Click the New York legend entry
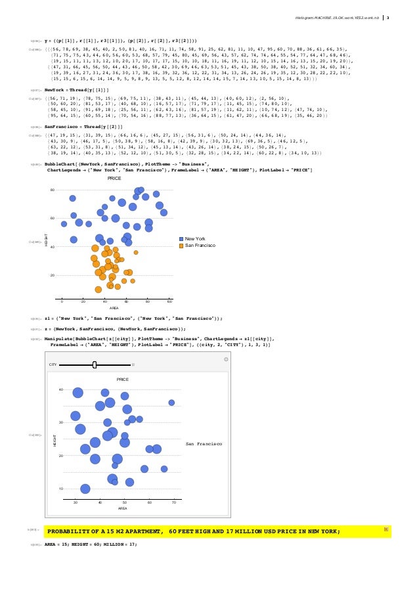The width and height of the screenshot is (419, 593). (x=195, y=239)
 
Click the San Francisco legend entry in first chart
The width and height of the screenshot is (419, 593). (x=198, y=246)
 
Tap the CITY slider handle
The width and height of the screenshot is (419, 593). (x=95, y=364)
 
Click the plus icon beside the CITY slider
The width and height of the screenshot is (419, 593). (x=133, y=364)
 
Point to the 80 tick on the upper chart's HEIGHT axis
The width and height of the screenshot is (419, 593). (x=53, y=190)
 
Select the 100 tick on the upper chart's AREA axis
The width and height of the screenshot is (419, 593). (x=169, y=301)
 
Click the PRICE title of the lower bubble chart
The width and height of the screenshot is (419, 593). (x=122, y=380)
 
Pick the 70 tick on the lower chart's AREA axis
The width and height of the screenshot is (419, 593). (x=174, y=502)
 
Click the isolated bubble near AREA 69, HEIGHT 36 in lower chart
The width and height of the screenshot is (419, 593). (x=171, y=403)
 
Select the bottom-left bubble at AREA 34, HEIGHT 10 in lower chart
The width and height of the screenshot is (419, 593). (x=85, y=489)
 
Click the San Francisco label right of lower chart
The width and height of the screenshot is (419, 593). (x=204, y=445)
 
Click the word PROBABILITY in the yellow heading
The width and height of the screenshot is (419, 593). (x=71, y=531)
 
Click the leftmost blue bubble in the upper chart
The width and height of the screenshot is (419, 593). (x=64, y=225)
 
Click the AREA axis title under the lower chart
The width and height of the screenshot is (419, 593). (x=122, y=508)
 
